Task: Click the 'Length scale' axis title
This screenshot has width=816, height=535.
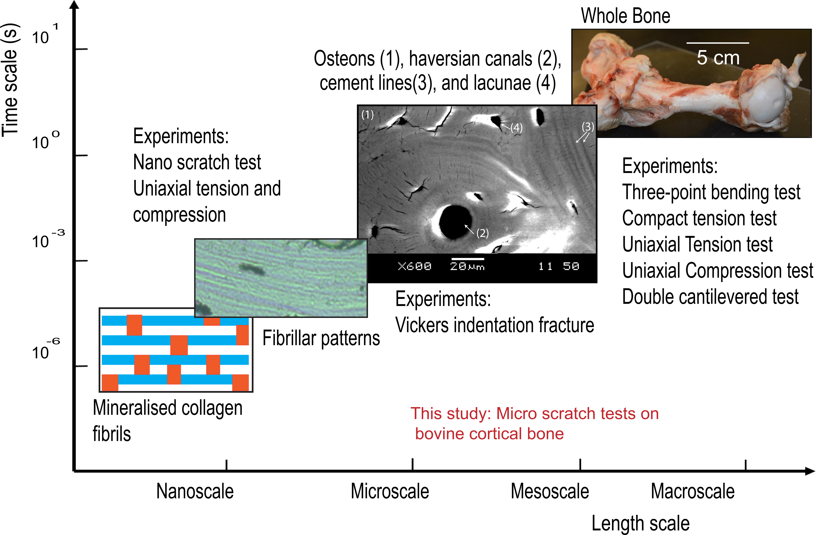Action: [x=640, y=523]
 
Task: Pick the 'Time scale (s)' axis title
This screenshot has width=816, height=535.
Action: [x=10, y=81]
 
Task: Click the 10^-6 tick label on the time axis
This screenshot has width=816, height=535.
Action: [x=45, y=350]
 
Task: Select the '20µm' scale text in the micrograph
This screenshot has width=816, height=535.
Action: [x=467, y=266]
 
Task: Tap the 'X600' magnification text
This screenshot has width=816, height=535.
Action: [x=414, y=266]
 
